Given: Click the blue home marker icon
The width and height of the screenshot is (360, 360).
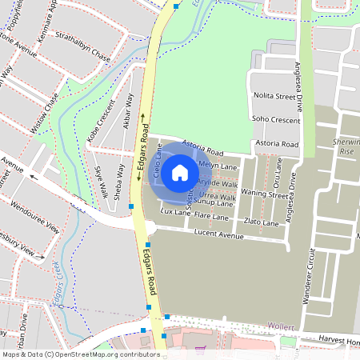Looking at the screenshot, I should tap(180, 172).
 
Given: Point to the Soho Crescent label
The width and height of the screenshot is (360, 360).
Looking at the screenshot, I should tap(275, 120).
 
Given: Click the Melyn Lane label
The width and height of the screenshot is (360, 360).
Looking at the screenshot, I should tap(218, 166).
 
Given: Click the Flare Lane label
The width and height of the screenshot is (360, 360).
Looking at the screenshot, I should tap(211, 218).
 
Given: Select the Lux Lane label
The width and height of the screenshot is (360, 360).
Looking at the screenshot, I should tap(176, 213).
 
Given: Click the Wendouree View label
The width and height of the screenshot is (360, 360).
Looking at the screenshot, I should tap(36, 216).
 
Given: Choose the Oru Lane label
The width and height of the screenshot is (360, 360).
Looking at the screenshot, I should tap(278, 171).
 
